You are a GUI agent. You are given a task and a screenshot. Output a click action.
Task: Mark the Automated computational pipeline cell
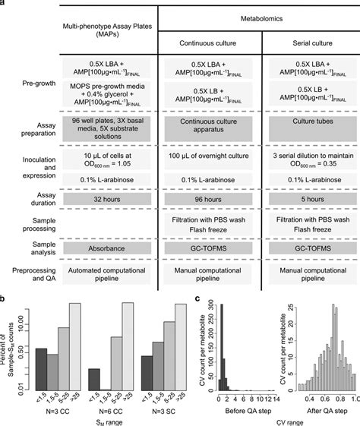[109, 274]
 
